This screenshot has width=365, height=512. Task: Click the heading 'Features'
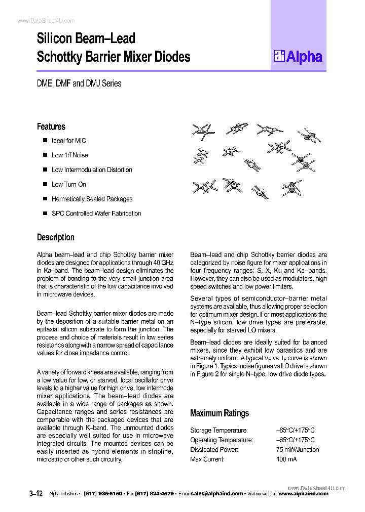click(x=51, y=126)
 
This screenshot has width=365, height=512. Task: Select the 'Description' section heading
click(x=55, y=237)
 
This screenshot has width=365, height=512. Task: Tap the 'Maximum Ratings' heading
click(x=219, y=413)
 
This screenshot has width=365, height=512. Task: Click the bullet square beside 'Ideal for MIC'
click(x=45, y=140)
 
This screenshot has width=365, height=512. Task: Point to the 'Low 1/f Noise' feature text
click(x=69, y=155)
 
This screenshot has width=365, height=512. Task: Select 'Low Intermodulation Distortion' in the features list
click(x=91, y=170)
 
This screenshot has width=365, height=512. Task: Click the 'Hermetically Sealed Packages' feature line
click(x=92, y=199)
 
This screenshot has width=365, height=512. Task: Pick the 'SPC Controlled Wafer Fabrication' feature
click(x=96, y=214)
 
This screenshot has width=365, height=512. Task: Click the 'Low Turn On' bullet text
click(x=68, y=185)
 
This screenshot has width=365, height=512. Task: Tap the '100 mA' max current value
click(x=286, y=459)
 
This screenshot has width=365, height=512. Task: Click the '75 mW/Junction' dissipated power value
click(x=298, y=449)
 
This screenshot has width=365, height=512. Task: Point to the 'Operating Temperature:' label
click(x=222, y=440)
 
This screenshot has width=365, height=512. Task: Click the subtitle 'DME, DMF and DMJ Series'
click(x=79, y=83)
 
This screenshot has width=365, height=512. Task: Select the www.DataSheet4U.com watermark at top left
click(x=46, y=21)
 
